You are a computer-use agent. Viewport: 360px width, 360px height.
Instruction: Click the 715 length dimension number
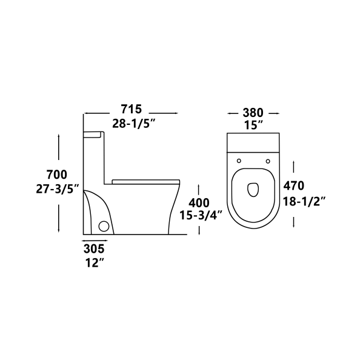click(132, 109)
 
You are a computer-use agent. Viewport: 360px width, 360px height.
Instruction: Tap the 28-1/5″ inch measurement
click(134, 124)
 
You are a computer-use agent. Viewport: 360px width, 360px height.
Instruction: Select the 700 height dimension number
click(57, 175)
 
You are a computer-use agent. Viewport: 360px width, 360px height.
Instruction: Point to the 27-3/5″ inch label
click(58, 190)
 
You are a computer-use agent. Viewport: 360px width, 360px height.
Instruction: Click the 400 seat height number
click(199, 203)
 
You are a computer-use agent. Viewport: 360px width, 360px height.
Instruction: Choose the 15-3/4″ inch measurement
click(201, 216)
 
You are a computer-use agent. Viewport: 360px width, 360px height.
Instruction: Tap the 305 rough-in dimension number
click(94, 249)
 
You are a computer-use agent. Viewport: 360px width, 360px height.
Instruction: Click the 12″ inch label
click(94, 263)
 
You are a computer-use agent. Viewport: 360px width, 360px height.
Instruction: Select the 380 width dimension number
click(253, 113)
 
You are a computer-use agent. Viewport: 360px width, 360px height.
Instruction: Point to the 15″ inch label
click(253, 125)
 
